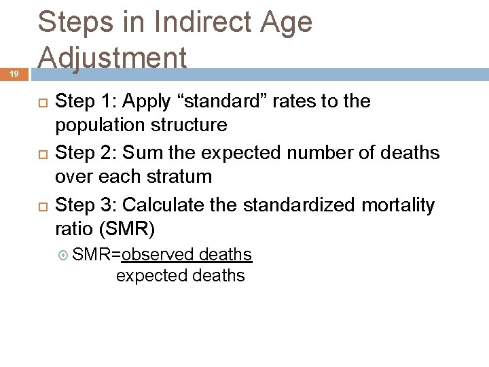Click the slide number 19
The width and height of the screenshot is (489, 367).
click(x=14, y=76)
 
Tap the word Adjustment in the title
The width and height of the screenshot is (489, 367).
click(x=112, y=58)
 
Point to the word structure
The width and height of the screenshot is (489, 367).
click(x=192, y=126)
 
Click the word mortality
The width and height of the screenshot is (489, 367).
click(x=397, y=205)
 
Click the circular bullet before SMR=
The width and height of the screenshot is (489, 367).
click(x=64, y=256)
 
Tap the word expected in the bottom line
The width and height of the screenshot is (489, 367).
click(x=151, y=276)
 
